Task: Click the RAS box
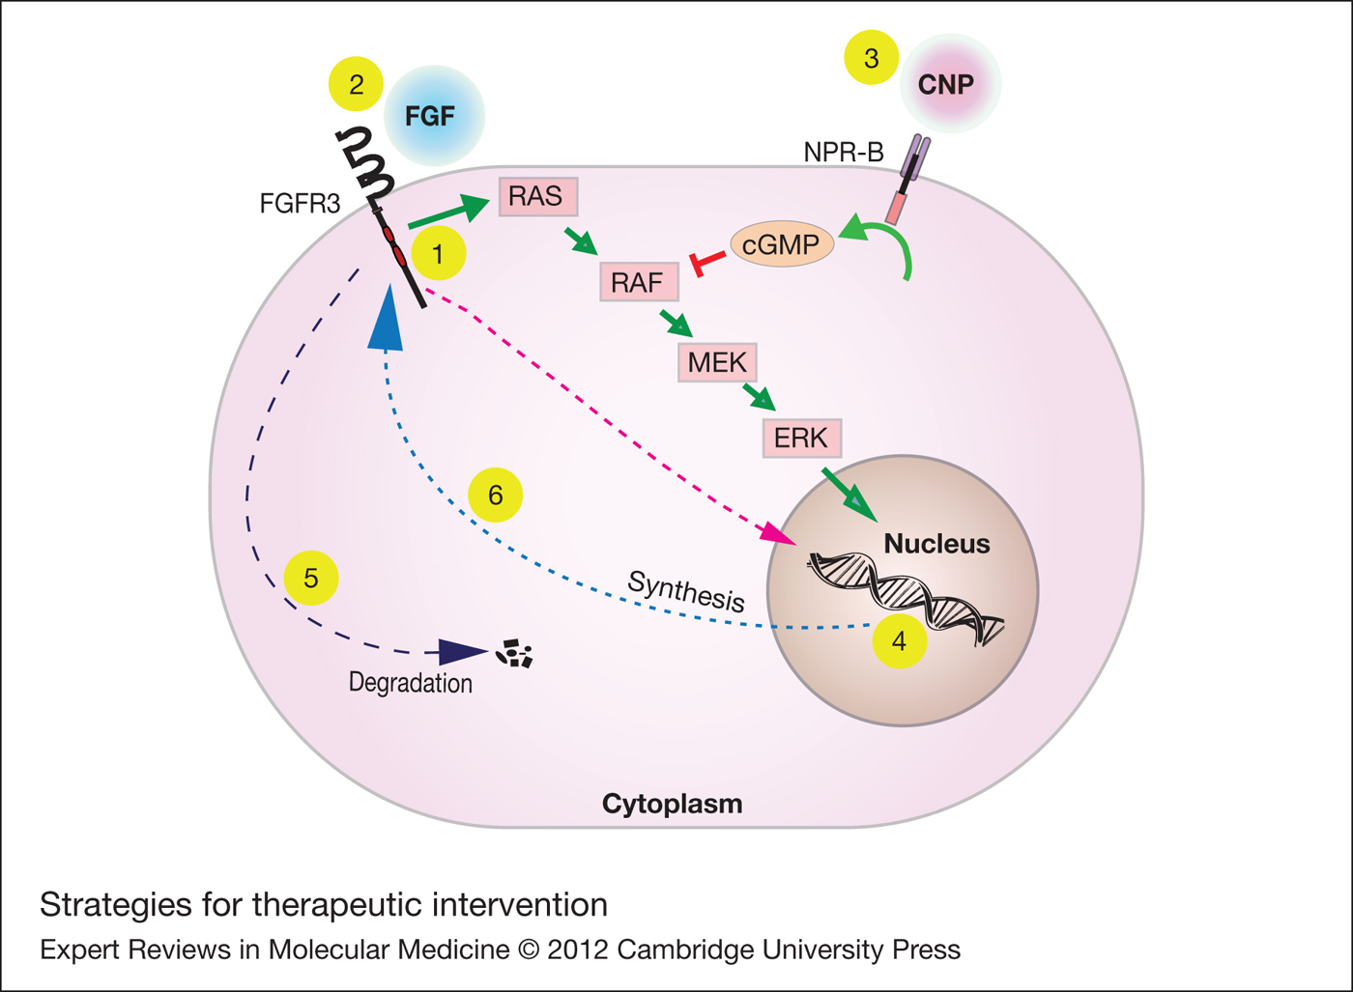(538, 197)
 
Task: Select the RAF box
(639, 282)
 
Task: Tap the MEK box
(717, 363)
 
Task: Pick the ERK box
(802, 438)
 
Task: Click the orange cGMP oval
(782, 244)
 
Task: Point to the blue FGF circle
(434, 115)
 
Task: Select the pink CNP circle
(950, 83)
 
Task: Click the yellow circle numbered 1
(439, 253)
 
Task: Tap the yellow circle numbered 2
(356, 84)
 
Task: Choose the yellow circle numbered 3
(871, 57)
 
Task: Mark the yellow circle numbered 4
(900, 641)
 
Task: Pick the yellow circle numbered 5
(311, 578)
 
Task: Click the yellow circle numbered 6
(495, 496)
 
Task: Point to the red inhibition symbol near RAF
(706, 262)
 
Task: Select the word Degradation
(411, 683)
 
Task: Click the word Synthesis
(686, 591)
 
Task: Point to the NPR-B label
(843, 152)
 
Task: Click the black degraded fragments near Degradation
(514, 653)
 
